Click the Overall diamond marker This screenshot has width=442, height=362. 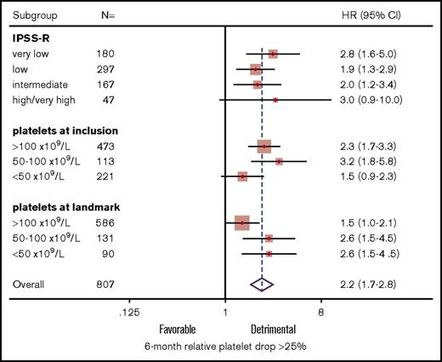click(263, 284)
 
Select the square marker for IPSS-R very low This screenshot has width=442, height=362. click(272, 54)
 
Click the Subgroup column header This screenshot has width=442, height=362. click(33, 15)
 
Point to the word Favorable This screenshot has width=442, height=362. click(180, 328)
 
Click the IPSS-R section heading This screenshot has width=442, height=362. click(31, 39)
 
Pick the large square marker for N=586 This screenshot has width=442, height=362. click(241, 223)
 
